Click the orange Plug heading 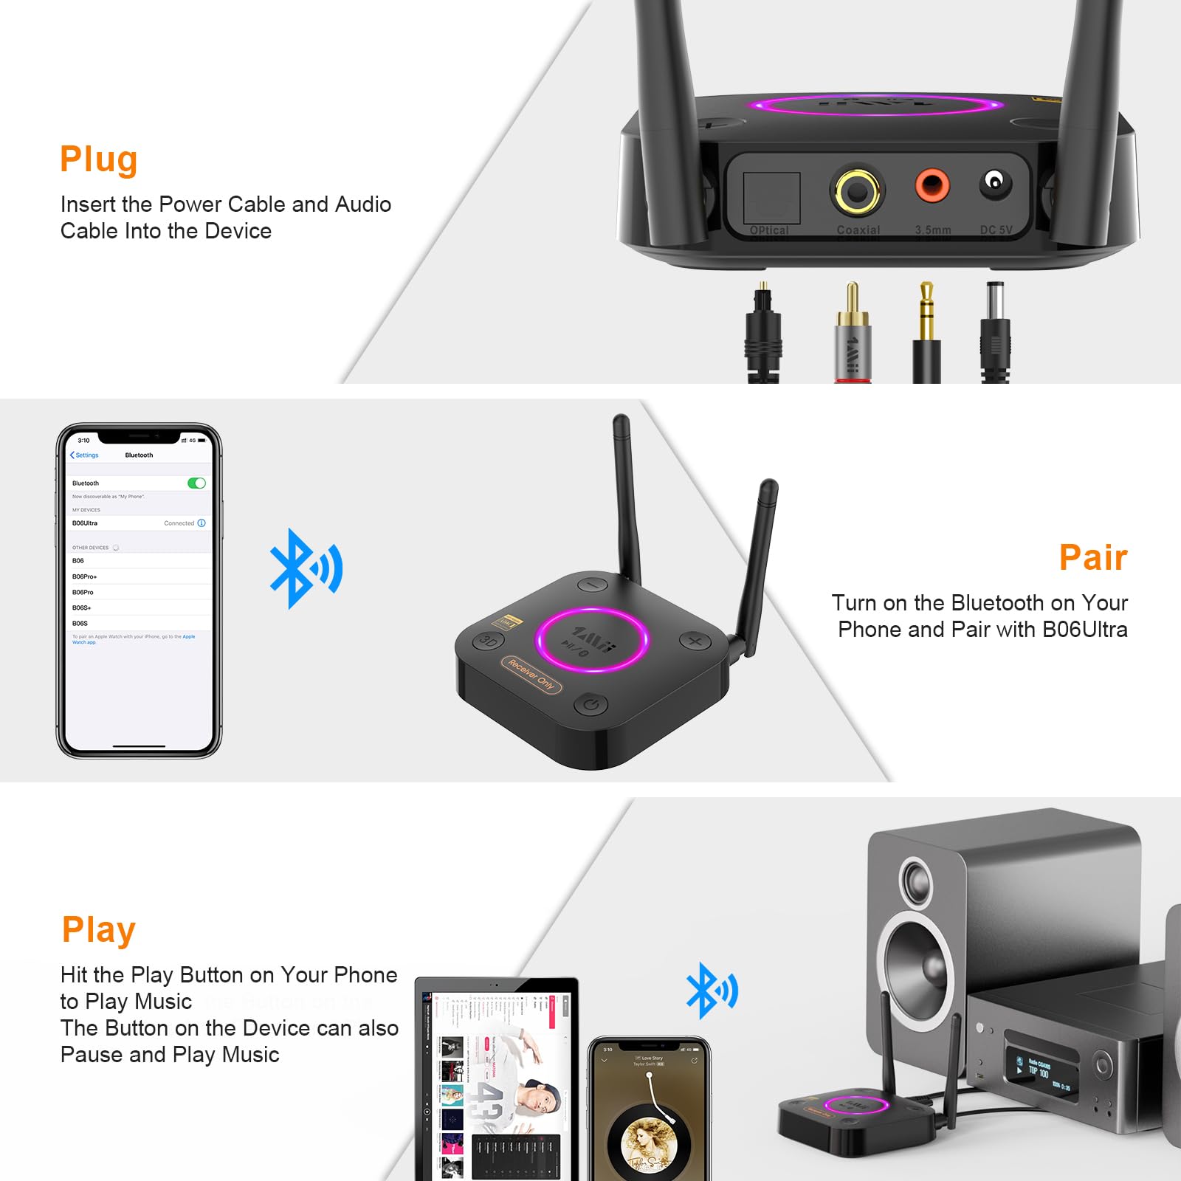point(99,159)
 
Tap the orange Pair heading point(1093,557)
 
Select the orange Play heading point(99,930)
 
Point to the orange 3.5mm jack point(932,185)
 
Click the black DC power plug point(995,332)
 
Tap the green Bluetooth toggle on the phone point(196,483)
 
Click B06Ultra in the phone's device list point(85,523)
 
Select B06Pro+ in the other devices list point(85,576)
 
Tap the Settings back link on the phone point(84,455)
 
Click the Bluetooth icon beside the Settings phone point(306,569)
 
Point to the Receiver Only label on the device point(531,675)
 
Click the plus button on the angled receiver point(695,641)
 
